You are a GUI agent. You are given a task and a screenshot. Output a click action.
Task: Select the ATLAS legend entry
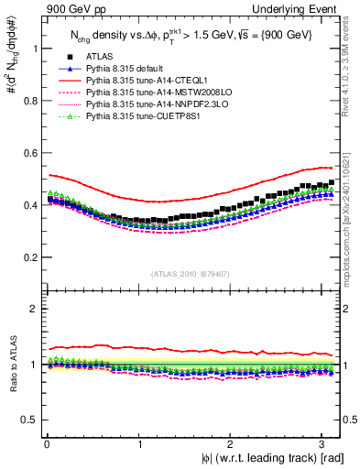coord(99,57)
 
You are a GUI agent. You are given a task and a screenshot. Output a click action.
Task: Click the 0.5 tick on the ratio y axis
coord(29,420)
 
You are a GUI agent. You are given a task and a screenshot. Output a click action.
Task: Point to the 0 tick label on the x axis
coord(45,443)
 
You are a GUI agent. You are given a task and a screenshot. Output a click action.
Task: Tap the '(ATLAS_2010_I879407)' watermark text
coord(190,273)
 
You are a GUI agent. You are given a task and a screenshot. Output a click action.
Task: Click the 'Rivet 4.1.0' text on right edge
coord(349,55)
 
